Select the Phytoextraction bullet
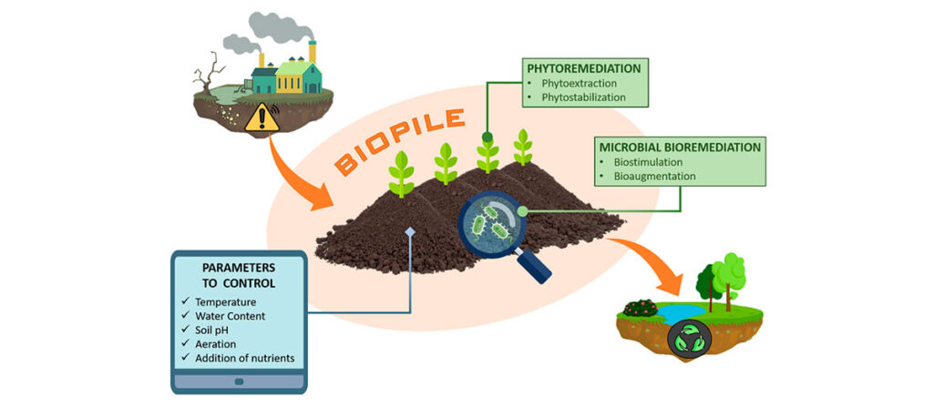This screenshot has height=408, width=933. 579,82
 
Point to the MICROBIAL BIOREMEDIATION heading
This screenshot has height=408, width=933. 680,146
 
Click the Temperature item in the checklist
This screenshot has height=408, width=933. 235,301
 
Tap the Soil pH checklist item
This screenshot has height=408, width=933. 223,330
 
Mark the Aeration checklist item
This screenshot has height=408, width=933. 224,344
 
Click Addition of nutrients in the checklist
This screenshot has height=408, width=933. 250,358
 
